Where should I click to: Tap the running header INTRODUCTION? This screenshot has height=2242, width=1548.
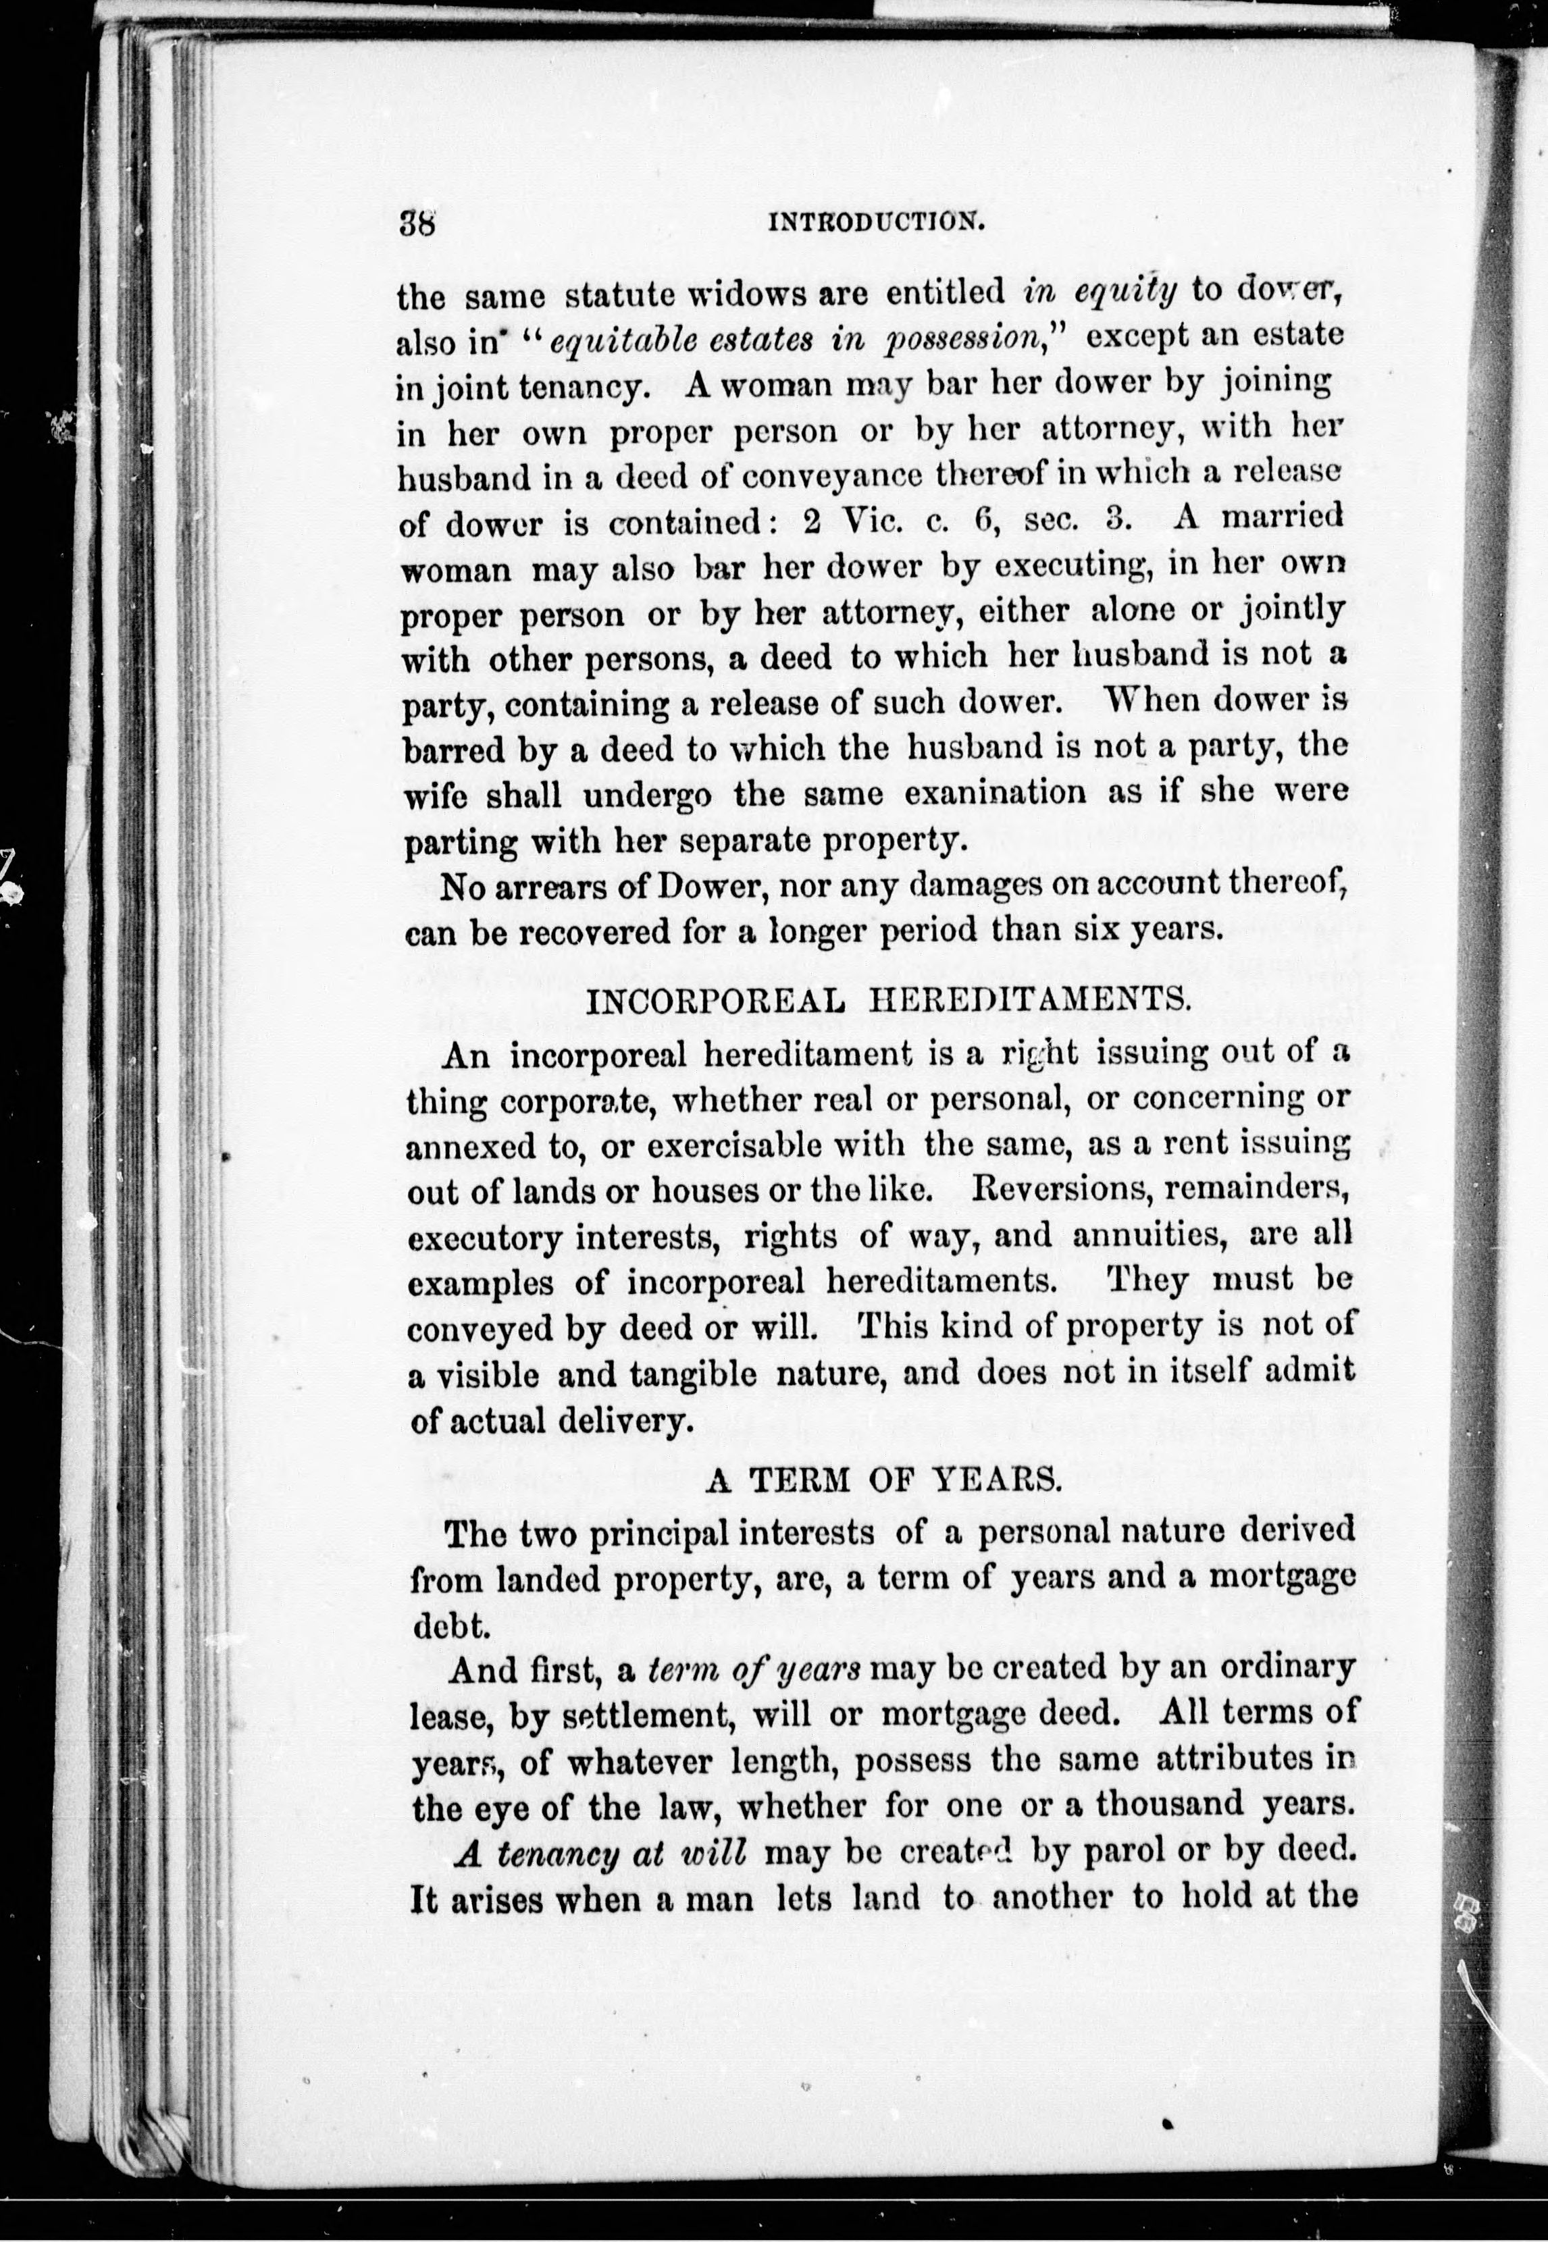(x=876, y=222)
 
